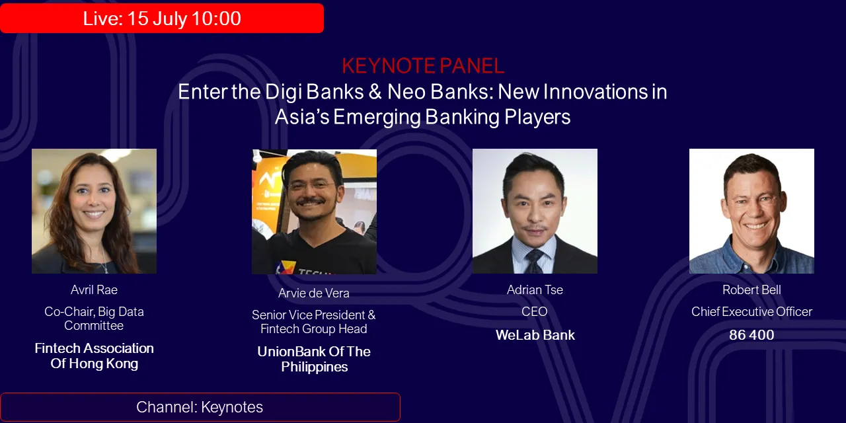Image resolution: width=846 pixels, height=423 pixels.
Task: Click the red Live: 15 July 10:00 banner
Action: [x=162, y=19]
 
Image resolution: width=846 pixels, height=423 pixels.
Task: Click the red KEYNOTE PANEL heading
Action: [x=423, y=65]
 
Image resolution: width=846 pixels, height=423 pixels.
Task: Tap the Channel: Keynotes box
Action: [x=200, y=407]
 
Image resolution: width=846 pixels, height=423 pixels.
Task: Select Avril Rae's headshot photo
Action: [x=94, y=211]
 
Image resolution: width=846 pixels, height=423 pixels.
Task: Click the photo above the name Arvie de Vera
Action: [x=314, y=211]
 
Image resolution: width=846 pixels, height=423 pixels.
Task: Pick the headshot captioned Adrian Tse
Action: [x=535, y=211]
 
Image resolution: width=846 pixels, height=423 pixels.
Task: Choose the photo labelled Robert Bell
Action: [x=751, y=211]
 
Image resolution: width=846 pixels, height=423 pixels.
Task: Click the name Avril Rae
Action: [x=94, y=290]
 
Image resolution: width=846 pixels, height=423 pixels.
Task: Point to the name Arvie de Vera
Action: [x=314, y=293]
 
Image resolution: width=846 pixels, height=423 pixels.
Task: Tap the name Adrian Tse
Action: [x=535, y=290]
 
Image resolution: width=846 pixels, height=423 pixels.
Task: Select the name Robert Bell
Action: [x=751, y=290]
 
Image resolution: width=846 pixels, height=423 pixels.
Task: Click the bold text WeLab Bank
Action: [x=535, y=335]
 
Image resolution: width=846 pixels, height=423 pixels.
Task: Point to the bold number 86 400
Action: [x=751, y=335]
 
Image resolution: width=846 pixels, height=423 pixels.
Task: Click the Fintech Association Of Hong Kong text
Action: [x=94, y=356]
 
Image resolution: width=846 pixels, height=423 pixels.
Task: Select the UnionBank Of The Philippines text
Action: [x=314, y=359]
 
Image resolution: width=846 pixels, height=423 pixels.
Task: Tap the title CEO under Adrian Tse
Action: [x=535, y=312]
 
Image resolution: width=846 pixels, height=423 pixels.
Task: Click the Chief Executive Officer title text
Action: [x=751, y=312]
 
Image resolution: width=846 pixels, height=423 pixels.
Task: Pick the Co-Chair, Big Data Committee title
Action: [x=94, y=319]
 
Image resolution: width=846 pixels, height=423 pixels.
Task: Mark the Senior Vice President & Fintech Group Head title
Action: [x=314, y=322]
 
